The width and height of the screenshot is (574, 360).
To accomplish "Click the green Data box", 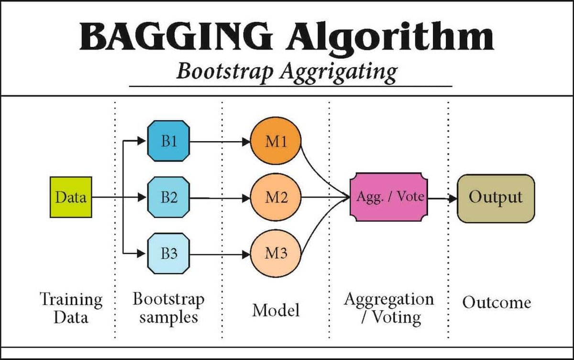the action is click(71, 197).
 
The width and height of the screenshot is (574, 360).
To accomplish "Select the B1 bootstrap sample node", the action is click(168, 142).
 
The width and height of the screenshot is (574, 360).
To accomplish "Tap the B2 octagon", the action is click(168, 197).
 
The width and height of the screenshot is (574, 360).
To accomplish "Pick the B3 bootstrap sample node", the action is click(168, 253).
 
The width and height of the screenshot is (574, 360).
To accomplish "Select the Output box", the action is click(495, 198).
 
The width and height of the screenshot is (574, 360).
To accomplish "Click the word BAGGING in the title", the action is click(175, 37).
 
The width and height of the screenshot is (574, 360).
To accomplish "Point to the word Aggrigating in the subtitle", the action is click(342, 72).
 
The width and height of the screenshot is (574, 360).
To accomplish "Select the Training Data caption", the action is click(71, 309).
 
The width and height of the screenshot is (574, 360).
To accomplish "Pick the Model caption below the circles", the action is click(276, 310).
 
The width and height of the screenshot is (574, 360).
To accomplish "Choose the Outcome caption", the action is click(497, 303).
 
